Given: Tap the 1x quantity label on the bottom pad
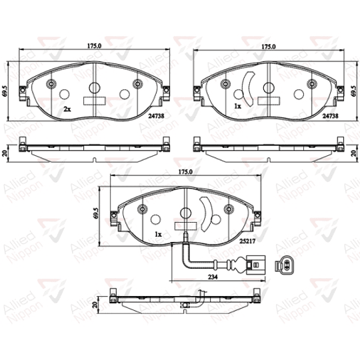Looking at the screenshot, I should pos(158,236).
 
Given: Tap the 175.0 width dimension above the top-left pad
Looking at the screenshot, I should pos(93,47).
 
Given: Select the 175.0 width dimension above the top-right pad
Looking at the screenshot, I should pos(269,47).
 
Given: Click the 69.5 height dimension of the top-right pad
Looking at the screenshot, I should pos(352,91).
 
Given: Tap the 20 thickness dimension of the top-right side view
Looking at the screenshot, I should pos(352,152).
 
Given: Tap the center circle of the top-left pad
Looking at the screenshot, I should pos(93,87).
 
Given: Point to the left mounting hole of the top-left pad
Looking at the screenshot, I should pos(52,84).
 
